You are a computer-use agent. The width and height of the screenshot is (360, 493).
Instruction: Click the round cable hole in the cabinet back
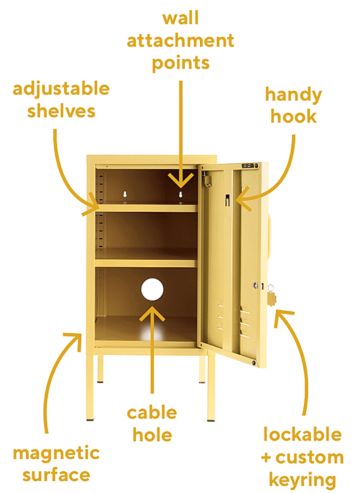(x=152, y=289)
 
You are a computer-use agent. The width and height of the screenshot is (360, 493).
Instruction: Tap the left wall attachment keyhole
(x=125, y=195)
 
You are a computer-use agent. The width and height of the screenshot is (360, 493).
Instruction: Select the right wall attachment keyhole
(x=181, y=195)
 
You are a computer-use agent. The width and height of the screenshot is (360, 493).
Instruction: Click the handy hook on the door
(x=227, y=201)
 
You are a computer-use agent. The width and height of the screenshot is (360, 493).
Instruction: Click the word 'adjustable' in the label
(x=61, y=89)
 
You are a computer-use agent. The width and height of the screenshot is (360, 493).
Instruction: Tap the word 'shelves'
(x=61, y=111)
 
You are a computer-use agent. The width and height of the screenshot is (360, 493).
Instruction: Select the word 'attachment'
(x=181, y=41)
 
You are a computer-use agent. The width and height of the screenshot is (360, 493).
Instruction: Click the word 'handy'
(x=293, y=95)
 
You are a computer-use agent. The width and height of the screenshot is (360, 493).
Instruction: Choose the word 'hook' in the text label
(x=293, y=116)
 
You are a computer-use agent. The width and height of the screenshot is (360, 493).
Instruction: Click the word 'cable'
(x=152, y=412)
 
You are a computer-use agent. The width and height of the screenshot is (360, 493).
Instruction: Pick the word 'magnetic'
(x=56, y=454)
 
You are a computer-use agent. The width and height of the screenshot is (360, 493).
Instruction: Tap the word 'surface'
(x=56, y=475)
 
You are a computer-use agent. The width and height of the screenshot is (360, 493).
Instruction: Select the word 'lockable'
(x=303, y=434)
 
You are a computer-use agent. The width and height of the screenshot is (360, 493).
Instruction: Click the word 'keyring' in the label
(x=303, y=480)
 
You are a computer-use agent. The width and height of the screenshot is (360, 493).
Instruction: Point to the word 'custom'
(x=309, y=458)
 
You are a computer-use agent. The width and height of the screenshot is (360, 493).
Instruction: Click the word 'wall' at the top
(x=181, y=17)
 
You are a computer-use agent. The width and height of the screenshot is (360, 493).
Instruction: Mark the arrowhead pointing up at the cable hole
(x=152, y=314)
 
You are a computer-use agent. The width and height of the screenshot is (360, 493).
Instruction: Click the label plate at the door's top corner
(x=248, y=166)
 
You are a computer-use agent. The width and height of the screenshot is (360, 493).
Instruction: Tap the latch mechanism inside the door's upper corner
(x=207, y=179)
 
